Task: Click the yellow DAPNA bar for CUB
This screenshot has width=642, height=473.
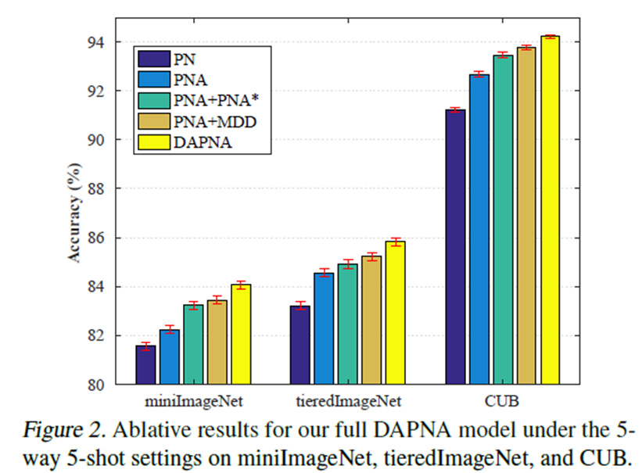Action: (551, 210)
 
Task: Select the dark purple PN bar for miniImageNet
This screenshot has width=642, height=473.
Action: (145, 365)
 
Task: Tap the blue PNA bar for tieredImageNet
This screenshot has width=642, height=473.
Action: (324, 328)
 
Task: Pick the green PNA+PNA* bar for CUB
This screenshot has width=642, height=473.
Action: (503, 220)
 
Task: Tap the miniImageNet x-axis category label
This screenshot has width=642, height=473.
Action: (194, 402)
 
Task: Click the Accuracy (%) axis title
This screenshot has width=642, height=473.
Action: (75, 213)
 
